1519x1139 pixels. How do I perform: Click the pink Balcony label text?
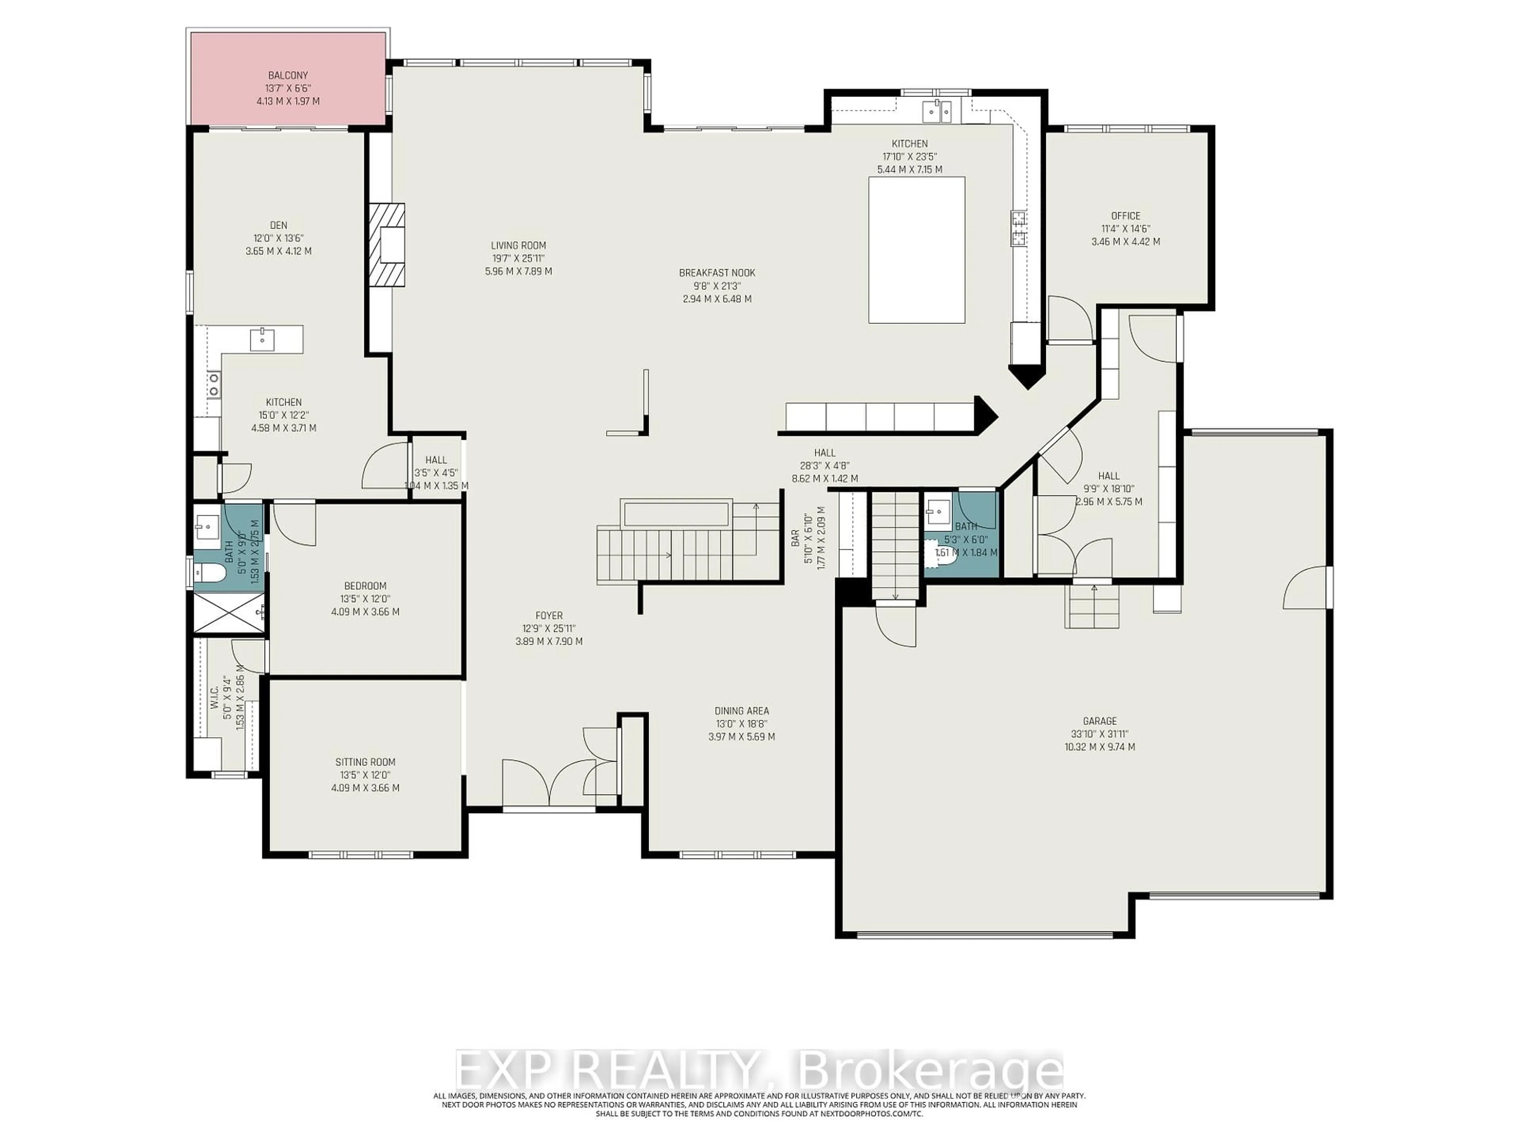(x=287, y=76)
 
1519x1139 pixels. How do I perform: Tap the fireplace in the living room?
(x=386, y=245)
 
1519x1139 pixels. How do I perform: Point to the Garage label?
(x=1099, y=721)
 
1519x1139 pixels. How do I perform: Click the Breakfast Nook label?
(x=717, y=272)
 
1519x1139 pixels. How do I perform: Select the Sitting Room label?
(x=366, y=762)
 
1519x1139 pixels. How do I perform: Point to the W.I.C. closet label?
(x=214, y=697)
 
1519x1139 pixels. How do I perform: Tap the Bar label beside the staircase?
(x=795, y=537)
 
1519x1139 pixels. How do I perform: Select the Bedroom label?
(x=366, y=586)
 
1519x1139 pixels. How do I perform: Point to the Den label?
(x=278, y=225)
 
